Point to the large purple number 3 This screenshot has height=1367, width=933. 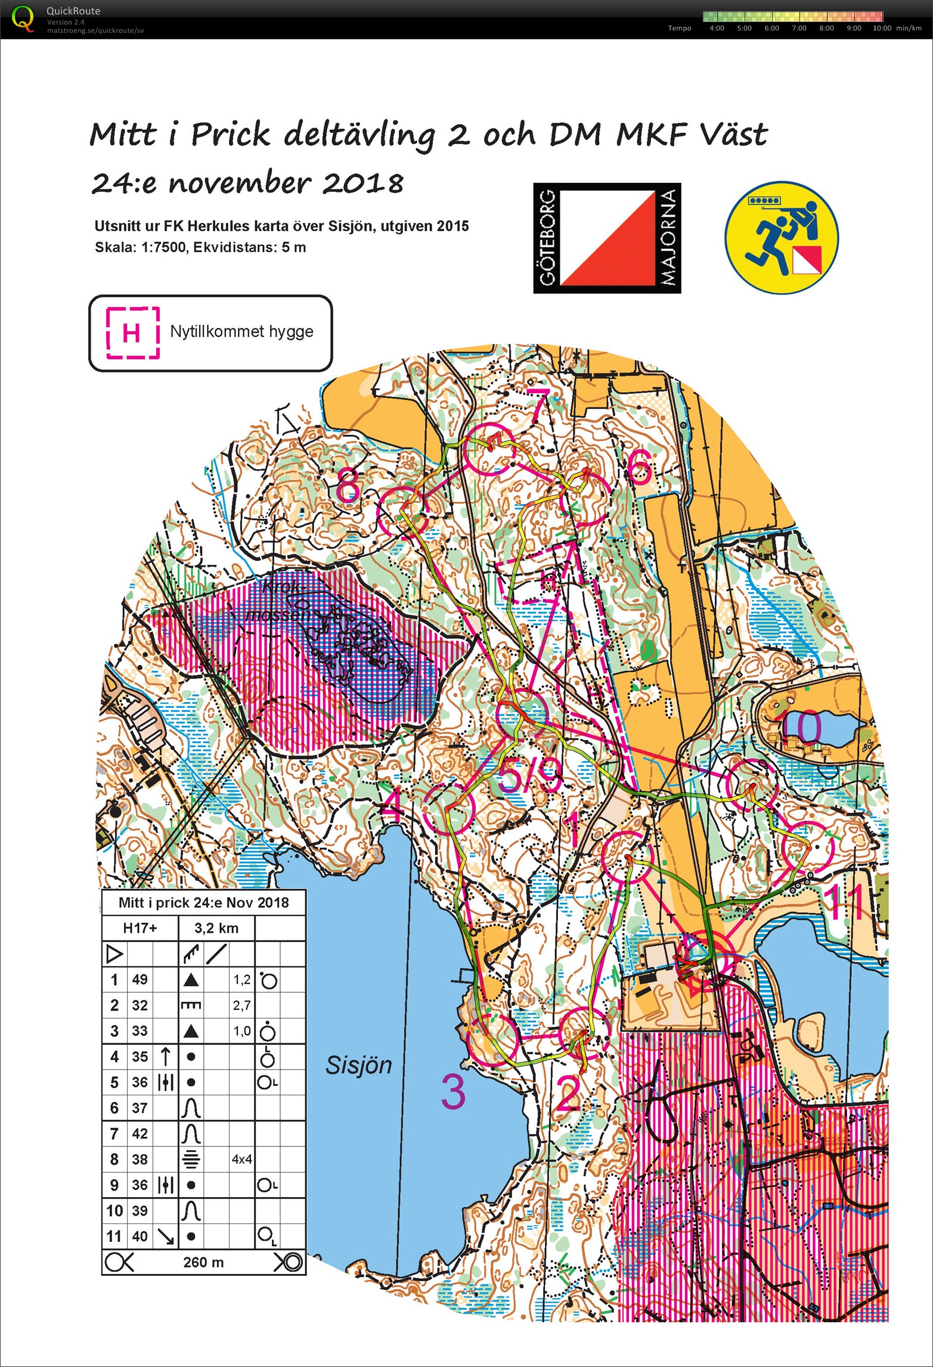coord(453,1092)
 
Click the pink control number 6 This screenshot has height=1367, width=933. coord(639,467)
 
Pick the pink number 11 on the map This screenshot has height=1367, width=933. coord(847,902)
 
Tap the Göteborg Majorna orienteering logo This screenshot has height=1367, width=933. coord(607,238)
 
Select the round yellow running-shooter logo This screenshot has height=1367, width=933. coord(782,237)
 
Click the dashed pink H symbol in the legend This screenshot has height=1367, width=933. coord(132,332)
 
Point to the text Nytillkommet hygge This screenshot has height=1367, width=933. coord(241,331)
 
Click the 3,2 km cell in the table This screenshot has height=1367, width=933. coord(216,928)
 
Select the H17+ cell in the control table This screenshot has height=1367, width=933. coord(140,928)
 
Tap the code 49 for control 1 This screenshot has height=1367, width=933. coord(140,979)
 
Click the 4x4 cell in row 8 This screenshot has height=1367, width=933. coord(241,1159)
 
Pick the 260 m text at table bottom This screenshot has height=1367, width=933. coord(203,1262)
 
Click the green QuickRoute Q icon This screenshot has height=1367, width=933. coord(23,18)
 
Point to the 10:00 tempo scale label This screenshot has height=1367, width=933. coord(882,28)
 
